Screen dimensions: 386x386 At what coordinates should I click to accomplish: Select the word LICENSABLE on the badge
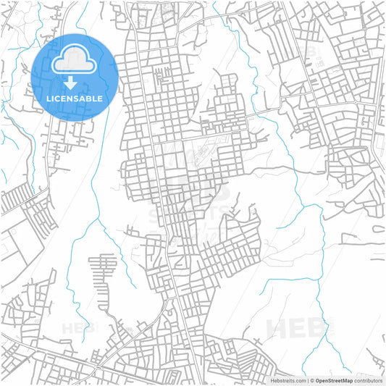pyautogui.click(x=75, y=98)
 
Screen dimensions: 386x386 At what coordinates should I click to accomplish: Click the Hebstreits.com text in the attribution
pyautogui.click(x=288, y=380)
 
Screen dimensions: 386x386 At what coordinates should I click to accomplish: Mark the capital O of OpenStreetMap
pyautogui.click(x=317, y=380)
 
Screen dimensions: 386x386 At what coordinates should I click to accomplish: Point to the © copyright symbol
pyautogui.click(x=312, y=380)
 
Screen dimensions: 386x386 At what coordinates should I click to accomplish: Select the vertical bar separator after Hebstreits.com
pyautogui.click(x=308, y=380)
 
